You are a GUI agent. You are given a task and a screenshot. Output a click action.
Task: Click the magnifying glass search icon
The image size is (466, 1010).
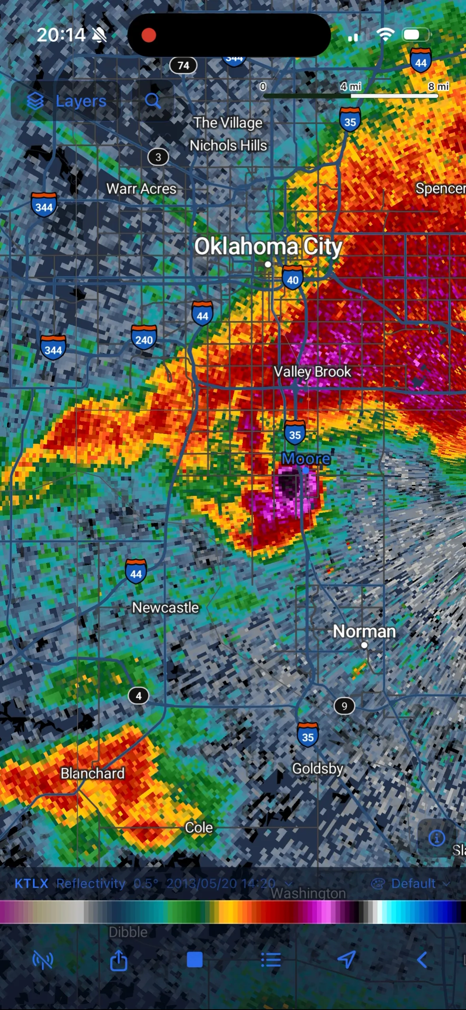[153, 101]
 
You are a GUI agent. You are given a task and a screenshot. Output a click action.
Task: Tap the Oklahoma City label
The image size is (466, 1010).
[268, 247]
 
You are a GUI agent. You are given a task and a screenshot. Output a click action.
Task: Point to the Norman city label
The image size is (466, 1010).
[364, 631]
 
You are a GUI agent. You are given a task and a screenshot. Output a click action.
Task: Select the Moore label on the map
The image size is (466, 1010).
[306, 459]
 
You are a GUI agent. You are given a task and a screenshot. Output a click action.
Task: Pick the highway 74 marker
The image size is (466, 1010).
[183, 65]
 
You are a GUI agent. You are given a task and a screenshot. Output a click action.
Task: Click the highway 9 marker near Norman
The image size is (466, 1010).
[344, 706]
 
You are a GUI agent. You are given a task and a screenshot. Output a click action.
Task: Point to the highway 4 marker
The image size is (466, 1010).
[138, 696]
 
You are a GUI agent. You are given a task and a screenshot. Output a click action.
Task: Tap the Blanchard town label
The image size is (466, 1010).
[92, 773]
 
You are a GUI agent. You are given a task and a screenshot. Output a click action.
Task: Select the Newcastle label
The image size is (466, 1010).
[165, 607]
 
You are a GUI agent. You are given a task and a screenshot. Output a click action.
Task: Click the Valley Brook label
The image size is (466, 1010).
[312, 371]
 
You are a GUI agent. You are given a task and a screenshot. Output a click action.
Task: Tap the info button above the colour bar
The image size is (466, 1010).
[436, 838]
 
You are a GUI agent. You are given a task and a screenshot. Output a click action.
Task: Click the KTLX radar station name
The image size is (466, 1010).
[31, 884]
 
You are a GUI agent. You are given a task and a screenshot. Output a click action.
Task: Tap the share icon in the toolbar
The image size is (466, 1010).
[119, 960]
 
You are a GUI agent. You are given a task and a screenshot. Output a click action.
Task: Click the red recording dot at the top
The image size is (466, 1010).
[149, 35]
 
